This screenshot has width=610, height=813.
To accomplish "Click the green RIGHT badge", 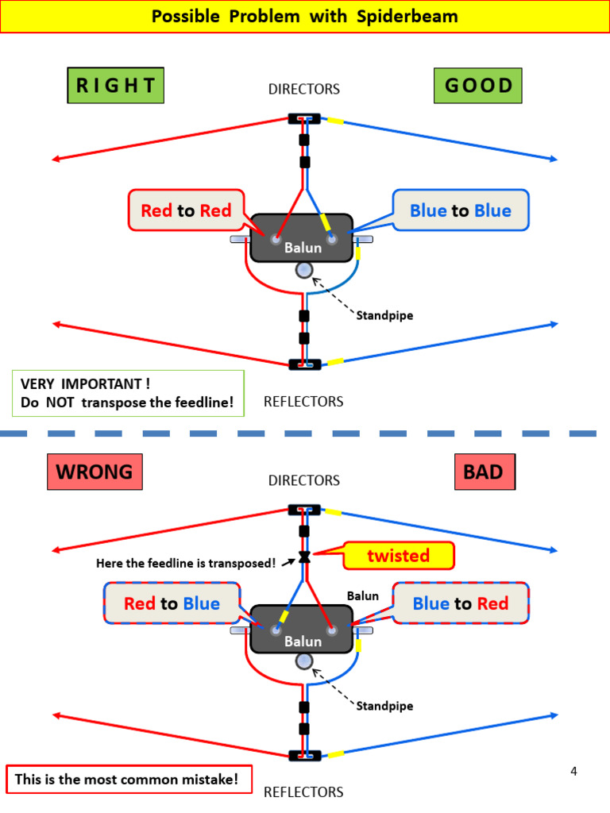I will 116,86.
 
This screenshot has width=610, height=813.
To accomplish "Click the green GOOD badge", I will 478,86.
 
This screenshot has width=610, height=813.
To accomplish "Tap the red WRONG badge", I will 95,472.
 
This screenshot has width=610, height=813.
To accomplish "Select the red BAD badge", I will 483,472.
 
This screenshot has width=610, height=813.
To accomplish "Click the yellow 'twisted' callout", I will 398,556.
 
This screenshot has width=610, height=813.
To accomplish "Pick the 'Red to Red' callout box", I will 187,210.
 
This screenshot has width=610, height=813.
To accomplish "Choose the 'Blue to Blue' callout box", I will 461,210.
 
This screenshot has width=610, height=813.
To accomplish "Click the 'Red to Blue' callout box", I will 172,603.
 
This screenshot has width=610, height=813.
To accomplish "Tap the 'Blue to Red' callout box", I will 461,603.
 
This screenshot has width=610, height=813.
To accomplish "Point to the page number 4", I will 574,771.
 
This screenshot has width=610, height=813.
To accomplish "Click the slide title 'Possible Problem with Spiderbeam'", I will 305,17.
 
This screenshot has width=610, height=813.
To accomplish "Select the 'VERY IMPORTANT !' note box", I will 127,393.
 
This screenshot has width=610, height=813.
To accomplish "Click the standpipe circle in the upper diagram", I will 304,271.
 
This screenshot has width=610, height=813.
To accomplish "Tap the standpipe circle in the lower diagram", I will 304,661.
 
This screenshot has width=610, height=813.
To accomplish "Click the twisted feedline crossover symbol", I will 304,556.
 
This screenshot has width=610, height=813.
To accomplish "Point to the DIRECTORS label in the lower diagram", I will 303,480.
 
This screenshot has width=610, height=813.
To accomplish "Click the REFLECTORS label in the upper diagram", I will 303,402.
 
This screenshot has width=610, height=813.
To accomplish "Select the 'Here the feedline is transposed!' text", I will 186,564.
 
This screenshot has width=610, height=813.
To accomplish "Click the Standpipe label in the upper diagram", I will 384,315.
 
